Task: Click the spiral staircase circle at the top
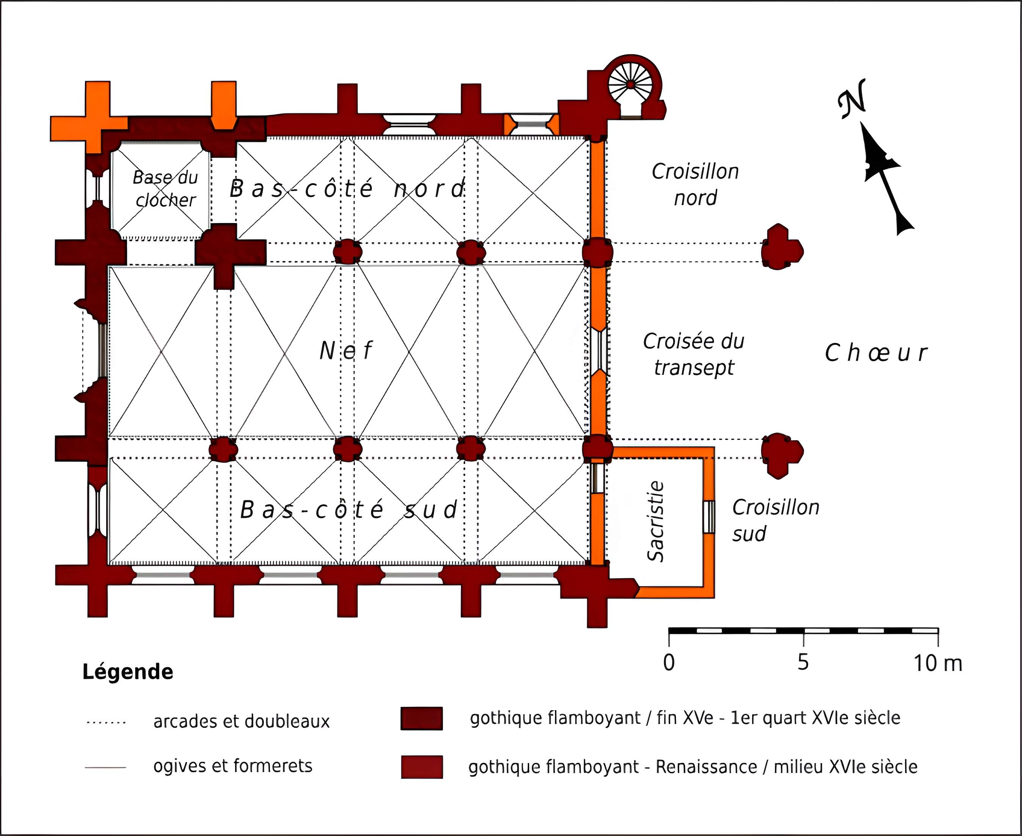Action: pos(630,85)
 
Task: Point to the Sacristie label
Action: pos(656,521)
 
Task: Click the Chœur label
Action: pos(876,353)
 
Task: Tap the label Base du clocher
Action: pos(165,189)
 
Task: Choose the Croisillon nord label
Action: pos(695,184)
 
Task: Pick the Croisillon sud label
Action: pos(775,520)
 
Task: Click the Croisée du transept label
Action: pos(694,354)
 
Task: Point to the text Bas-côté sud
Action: pos(349,510)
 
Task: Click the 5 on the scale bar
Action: pos(803,663)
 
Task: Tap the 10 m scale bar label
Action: pos(937,663)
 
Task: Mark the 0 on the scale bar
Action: pos(669,663)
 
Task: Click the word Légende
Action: pos(127,672)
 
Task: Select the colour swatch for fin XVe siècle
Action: pos(422,718)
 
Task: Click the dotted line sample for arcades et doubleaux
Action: pos(105,722)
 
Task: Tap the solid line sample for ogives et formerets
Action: pos(105,767)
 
